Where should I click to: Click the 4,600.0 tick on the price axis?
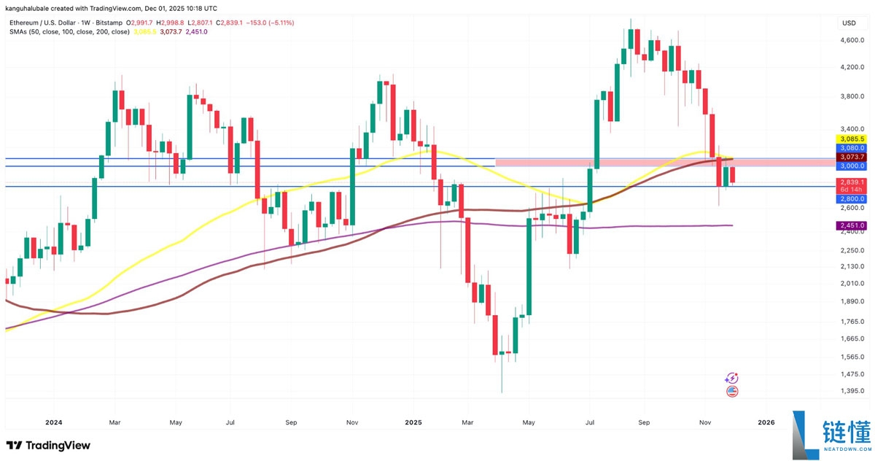pos(852,41)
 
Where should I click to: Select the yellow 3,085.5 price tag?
pos(852,139)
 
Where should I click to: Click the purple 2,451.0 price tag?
pos(852,226)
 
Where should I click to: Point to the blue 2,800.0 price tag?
pos(852,198)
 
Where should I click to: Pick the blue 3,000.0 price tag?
pos(852,166)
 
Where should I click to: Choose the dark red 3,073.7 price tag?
pos(852,157)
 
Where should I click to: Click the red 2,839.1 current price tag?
pos(852,182)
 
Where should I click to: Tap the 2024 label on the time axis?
pos(54,422)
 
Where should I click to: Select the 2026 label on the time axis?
pos(766,422)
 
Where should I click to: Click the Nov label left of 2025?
pos(351,422)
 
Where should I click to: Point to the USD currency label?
pos(849,23)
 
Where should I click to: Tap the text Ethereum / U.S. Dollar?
pos(45,23)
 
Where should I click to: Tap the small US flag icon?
pos(733,392)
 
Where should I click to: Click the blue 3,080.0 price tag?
pos(852,148)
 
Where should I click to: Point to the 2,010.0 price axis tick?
pos(852,284)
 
